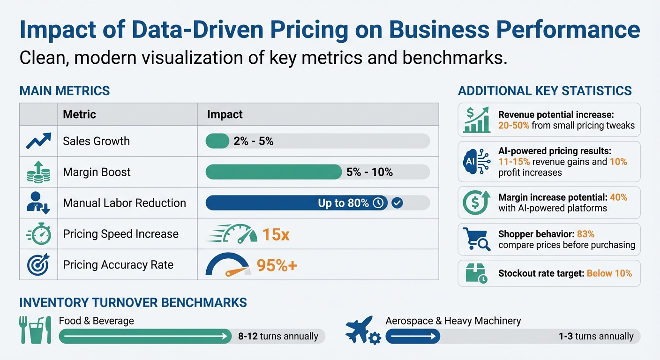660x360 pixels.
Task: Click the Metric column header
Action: click(x=79, y=114)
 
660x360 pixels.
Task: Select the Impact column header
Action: click(x=225, y=114)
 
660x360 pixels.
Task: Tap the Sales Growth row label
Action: click(x=96, y=141)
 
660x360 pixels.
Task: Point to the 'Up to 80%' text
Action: click(x=343, y=203)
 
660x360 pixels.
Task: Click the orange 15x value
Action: click(x=276, y=234)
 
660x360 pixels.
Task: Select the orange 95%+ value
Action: click(x=277, y=266)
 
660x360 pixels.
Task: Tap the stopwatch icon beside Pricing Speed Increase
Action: click(x=38, y=234)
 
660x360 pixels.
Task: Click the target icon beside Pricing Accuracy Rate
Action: click(x=38, y=265)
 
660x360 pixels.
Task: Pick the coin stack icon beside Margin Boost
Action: click(x=38, y=172)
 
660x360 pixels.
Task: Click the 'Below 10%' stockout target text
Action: click(x=609, y=273)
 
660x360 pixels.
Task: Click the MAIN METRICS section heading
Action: click(x=65, y=90)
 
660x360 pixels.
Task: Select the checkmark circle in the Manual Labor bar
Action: click(x=397, y=203)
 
